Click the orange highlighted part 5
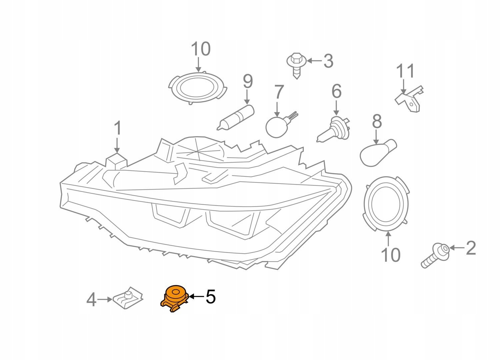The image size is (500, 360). click(x=174, y=298)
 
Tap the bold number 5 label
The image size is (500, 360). click(x=210, y=296)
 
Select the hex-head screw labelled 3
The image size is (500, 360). click(x=295, y=65)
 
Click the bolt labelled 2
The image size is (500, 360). click(x=435, y=255)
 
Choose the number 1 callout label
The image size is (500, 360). click(x=117, y=129)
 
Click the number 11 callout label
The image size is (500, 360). click(x=405, y=71)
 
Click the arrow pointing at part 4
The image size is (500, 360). click(x=105, y=299)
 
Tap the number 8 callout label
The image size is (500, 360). click(x=377, y=122)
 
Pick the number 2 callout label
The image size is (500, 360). click(x=470, y=248)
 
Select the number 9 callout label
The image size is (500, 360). click(x=247, y=81)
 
